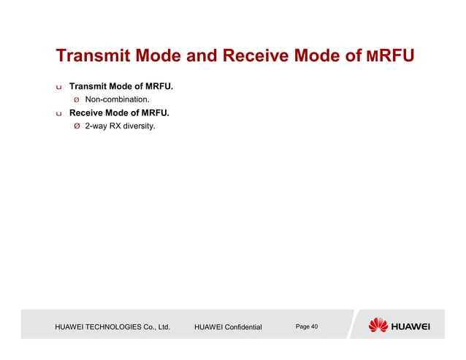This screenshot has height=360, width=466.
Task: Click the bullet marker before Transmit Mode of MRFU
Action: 59,88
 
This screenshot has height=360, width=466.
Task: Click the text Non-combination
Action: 118,100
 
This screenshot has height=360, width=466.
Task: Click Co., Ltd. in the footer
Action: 159,327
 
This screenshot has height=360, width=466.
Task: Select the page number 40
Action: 314,326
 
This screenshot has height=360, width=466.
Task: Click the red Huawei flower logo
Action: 378,326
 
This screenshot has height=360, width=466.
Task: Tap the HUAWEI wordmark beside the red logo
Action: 411,326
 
